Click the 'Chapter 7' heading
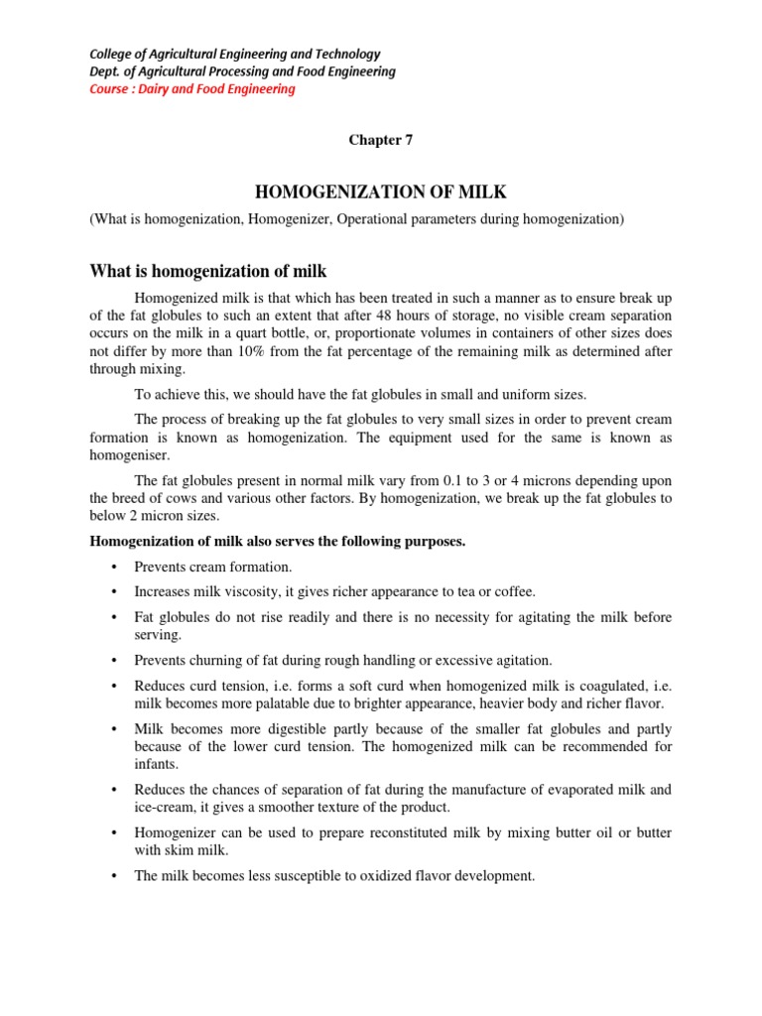coord(380,140)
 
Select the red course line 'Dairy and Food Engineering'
coord(192,89)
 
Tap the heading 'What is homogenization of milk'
coord(208,270)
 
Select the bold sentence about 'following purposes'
coord(278,541)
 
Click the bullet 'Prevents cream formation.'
coord(213,567)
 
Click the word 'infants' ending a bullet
coord(159,765)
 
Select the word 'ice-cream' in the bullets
coord(162,808)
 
